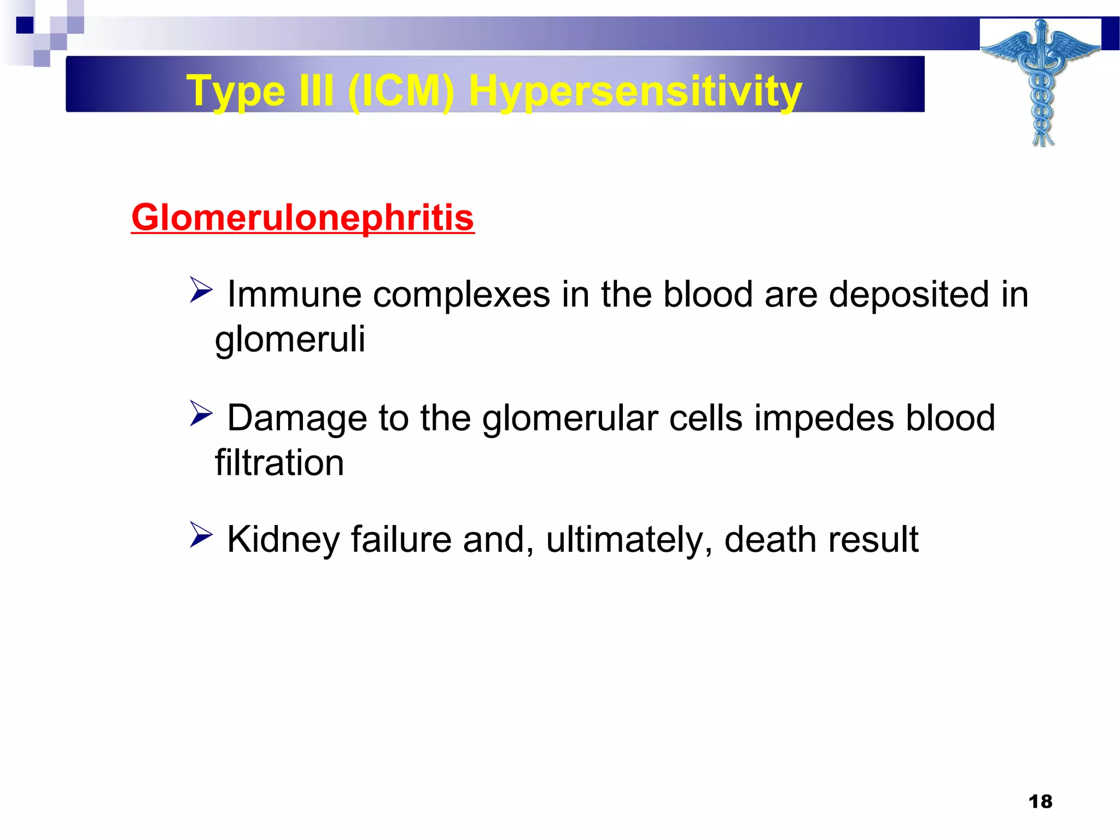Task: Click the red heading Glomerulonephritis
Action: pyautogui.click(x=302, y=218)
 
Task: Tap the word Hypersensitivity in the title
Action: pyautogui.click(x=635, y=91)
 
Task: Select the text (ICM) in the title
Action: pyautogui.click(x=400, y=91)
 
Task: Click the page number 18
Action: pyautogui.click(x=1040, y=802)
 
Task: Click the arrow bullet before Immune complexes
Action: pyautogui.click(x=201, y=290)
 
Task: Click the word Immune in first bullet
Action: pyautogui.click(x=294, y=294)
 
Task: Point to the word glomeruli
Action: pyautogui.click(x=290, y=339)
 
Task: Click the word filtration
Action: pyautogui.click(x=279, y=463)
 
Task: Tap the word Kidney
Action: pyautogui.click(x=283, y=540)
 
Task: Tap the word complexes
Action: pyautogui.click(x=461, y=295)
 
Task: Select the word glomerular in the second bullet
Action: pyautogui.click(x=570, y=418)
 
